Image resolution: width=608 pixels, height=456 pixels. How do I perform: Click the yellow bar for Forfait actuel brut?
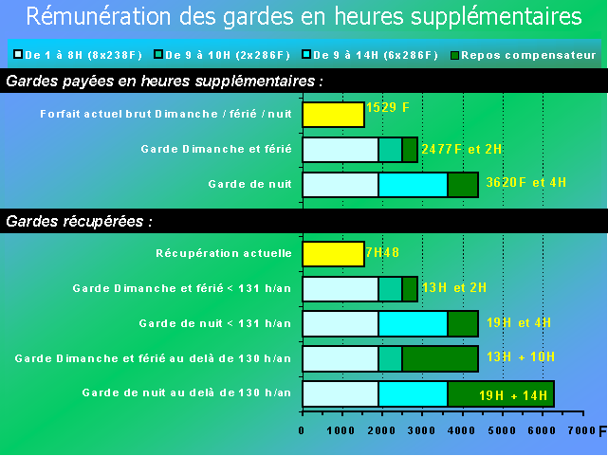(x=334, y=115)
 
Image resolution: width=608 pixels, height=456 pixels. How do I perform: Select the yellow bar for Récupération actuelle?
(x=334, y=254)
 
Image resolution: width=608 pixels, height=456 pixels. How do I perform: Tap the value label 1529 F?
(x=387, y=107)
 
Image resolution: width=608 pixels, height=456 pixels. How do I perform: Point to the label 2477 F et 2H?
(x=461, y=149)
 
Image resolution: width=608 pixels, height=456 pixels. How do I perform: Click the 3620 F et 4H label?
(x=525, y=182)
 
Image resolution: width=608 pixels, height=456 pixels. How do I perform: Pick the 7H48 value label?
(x=382, y=252)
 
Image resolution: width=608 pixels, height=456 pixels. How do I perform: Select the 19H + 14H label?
(x=513, y=395)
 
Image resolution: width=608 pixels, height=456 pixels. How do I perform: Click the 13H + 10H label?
(x=521, y=356)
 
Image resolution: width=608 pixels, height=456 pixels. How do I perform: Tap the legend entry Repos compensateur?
(x=523, y=55)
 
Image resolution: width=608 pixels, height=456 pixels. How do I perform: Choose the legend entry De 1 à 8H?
(x=78, y=55)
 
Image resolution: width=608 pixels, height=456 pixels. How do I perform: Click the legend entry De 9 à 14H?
(x=370, y=55)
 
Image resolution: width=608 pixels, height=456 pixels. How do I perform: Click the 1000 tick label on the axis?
(x=341, y=430)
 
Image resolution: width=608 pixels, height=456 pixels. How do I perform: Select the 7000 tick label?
(x=581, y=430)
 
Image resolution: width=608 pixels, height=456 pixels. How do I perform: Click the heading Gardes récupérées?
(x=79, y=222)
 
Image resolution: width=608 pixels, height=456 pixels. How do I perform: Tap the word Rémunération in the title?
(x=99, y=16)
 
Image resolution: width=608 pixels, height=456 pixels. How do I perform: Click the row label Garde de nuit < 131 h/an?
(x=214, y=323)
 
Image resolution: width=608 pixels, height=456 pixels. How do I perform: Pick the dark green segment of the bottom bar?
(x=501, y=394)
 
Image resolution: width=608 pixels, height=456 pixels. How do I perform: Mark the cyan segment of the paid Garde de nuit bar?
(x=413, y=185)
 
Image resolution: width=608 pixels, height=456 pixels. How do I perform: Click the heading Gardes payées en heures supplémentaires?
(x=164, y=82)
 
